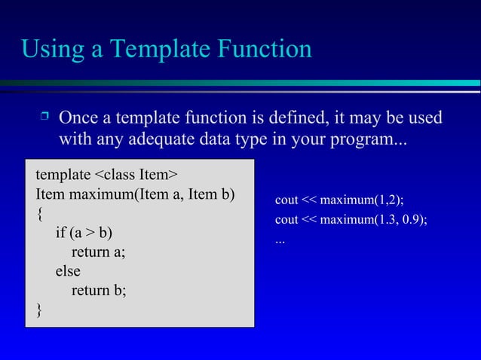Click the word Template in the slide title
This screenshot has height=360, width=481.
156,50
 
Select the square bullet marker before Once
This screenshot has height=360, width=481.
44,117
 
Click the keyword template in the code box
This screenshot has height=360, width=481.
63,175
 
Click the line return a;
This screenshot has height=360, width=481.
98,252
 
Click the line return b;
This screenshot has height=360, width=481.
98,290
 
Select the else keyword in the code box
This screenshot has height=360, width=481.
67,271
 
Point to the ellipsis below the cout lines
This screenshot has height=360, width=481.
280,241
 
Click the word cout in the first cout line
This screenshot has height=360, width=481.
286,200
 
